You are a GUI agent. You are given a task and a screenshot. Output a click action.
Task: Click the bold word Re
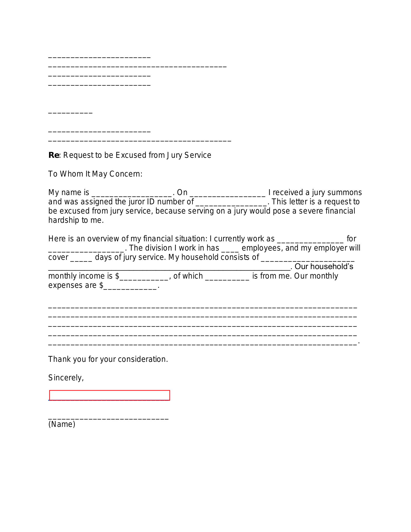54,155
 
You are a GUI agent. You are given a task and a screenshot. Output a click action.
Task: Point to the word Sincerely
66,378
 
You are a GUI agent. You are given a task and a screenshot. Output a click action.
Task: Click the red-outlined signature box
109,395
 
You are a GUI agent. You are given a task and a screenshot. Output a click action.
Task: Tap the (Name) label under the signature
62,424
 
